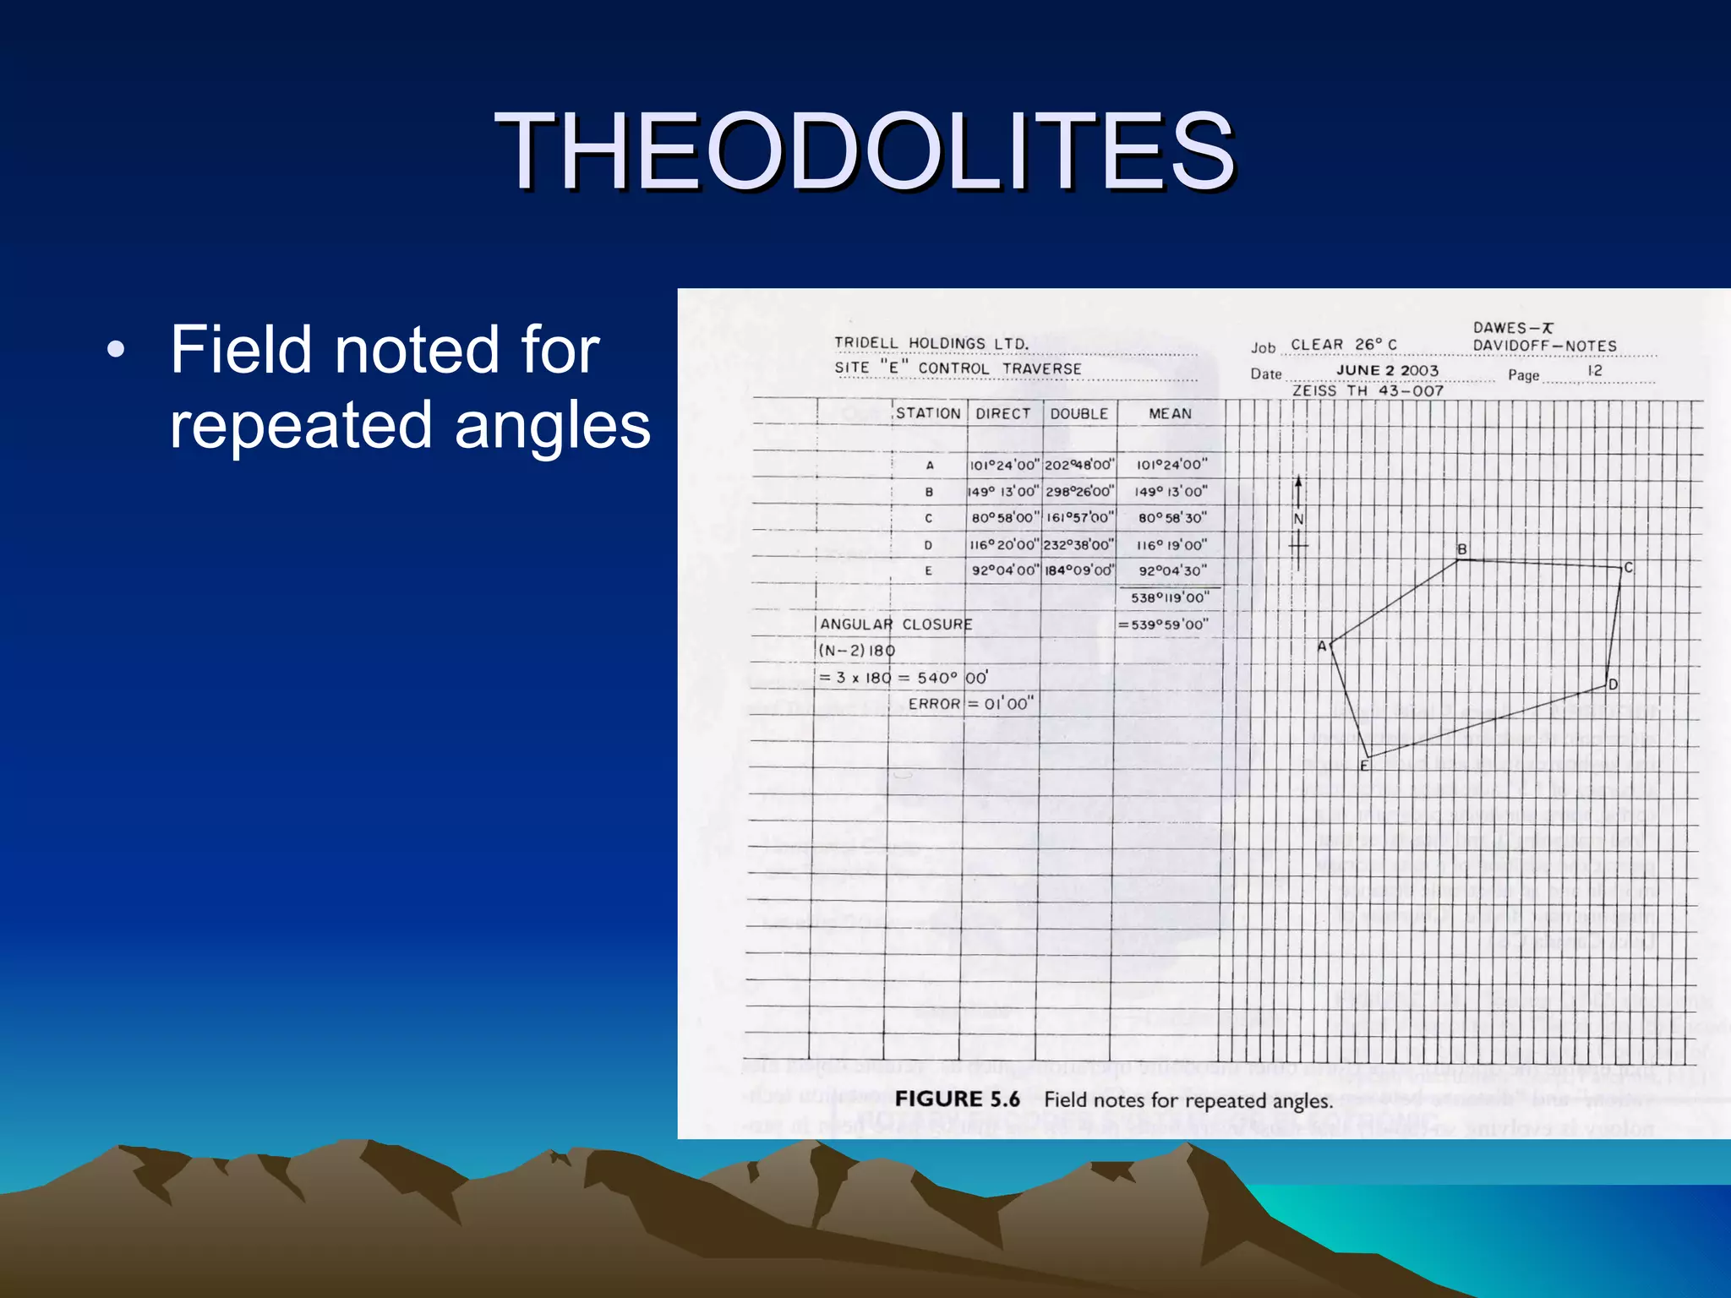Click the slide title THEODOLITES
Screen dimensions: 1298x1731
click(865, 152)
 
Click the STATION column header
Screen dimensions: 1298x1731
click(928, 413)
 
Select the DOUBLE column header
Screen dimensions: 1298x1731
click(1078, 413)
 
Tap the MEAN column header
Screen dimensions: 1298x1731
click(1170, 413)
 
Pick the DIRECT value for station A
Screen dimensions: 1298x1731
click(1004, 465)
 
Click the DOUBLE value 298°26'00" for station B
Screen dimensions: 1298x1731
click(1079, 492)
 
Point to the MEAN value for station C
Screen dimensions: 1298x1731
click(1171, 518)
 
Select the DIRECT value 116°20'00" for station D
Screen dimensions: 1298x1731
click(1004, 545)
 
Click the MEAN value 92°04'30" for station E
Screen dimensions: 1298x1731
click(1171, 571)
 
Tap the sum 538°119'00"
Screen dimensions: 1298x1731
click(1170, 597)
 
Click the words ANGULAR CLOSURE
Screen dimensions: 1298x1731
click(896, 624)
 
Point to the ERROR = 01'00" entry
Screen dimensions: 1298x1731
click(970, 704)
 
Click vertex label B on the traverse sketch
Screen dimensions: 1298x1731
click(1461, 549)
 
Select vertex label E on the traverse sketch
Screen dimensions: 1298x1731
click(1363, 766)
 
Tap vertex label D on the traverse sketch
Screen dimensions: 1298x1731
click(1613, 684)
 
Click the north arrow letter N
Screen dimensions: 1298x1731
click(1298, 519)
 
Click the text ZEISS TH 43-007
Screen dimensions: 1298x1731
click(1367, 391)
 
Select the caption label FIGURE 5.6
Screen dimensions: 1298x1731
click(957, 1099)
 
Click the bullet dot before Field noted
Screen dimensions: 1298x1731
click(116, 350)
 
